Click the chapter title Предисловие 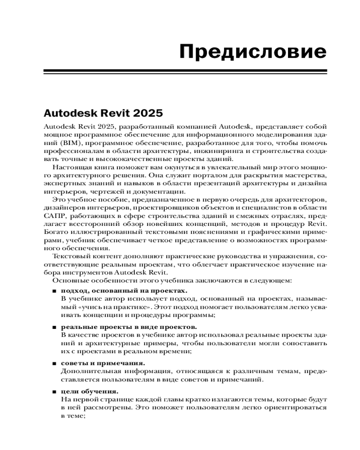tap(253, 52)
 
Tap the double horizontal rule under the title tap(185, 72)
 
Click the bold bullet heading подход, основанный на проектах tap(124, 291)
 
